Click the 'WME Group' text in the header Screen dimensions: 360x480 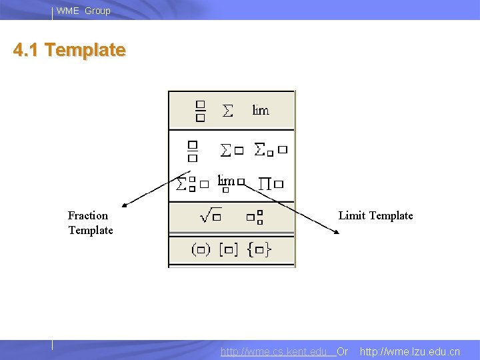click(83, 11)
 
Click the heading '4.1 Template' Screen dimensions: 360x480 click(69, 50)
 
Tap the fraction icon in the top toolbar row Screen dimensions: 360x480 click(201, 111)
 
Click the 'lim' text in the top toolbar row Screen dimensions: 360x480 click(261, 110)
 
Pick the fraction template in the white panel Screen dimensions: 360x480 click(193, 151)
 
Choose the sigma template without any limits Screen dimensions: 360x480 click(231, 151)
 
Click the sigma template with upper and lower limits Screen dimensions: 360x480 click(192, 183)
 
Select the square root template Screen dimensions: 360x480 click(211, 215)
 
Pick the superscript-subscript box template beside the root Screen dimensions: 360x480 click(254, 216)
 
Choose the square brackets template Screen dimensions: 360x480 click(231, 250)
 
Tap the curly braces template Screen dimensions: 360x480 click(259, 250)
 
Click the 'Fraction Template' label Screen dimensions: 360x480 click(90, 223)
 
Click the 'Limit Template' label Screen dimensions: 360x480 click(375, 215)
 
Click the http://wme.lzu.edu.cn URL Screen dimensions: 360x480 click(409, 351)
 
